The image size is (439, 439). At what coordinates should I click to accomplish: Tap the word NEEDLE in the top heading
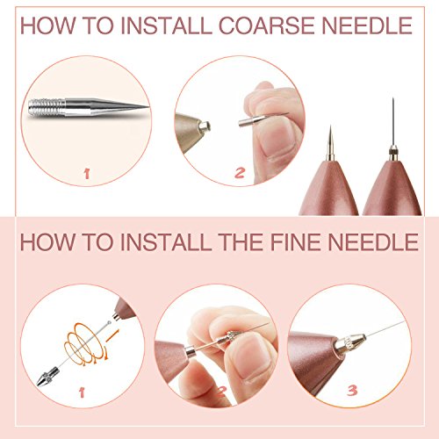tap(367, 25)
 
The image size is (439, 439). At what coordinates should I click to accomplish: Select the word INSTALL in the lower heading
tap(166, 242)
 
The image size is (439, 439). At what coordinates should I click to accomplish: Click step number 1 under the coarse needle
tap(87, 174)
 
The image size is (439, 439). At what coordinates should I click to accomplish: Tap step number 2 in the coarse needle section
tap(240, 172)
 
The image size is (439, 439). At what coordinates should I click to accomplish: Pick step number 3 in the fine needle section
tap(352, 391)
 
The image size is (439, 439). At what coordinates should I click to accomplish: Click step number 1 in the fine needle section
tap(82, 392)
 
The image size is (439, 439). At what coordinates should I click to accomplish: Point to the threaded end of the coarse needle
tap(47, 107)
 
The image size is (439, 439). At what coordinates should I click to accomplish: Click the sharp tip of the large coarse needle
tap(148, 106)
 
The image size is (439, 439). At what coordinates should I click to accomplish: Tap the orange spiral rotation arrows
tap(86, 343)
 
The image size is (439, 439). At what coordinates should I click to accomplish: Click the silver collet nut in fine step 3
tap(350, 343)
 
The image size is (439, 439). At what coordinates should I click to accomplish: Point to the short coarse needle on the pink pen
tap(330, 143)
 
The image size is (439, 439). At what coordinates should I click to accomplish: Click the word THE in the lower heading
tap(241, 242)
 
